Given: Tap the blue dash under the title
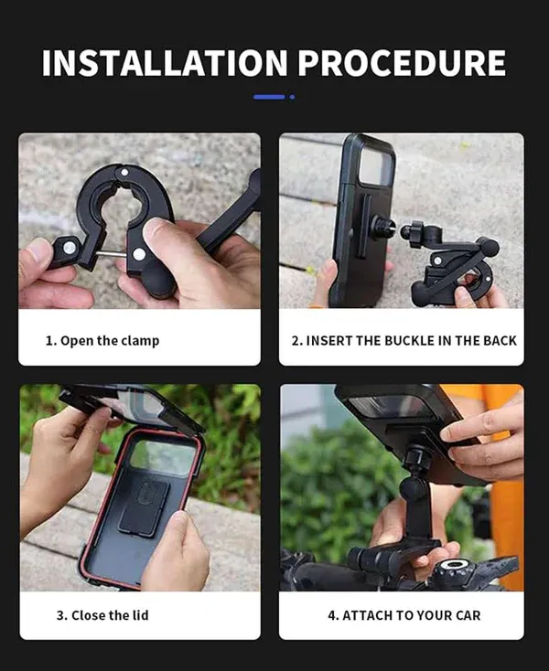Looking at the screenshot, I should (269, 96).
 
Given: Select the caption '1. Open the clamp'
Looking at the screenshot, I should (102, 341).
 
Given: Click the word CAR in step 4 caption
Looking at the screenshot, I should (464, 615).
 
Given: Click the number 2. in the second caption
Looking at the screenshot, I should (297, 341).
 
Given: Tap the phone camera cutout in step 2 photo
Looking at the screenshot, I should (374, 168).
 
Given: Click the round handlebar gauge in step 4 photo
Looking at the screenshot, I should (450, 567).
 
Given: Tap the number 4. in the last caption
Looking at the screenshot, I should (333, 615).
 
